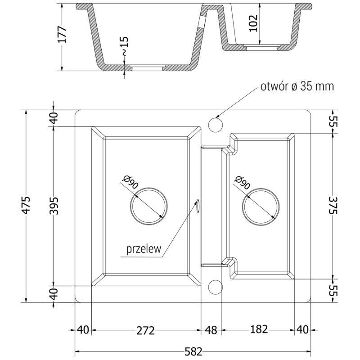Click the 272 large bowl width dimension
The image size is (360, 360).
tap(146, 331)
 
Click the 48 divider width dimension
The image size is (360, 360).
tap(210, 331)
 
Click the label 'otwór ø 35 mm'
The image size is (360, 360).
tap(297, 86)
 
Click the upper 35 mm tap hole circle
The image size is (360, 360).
tap(215, 123)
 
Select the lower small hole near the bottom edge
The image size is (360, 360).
tap(215, 286)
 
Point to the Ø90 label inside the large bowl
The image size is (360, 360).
tap(129, 183)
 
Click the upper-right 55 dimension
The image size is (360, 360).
tap(333, 121)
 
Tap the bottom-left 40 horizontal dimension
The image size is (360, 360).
tap(82, 331)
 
